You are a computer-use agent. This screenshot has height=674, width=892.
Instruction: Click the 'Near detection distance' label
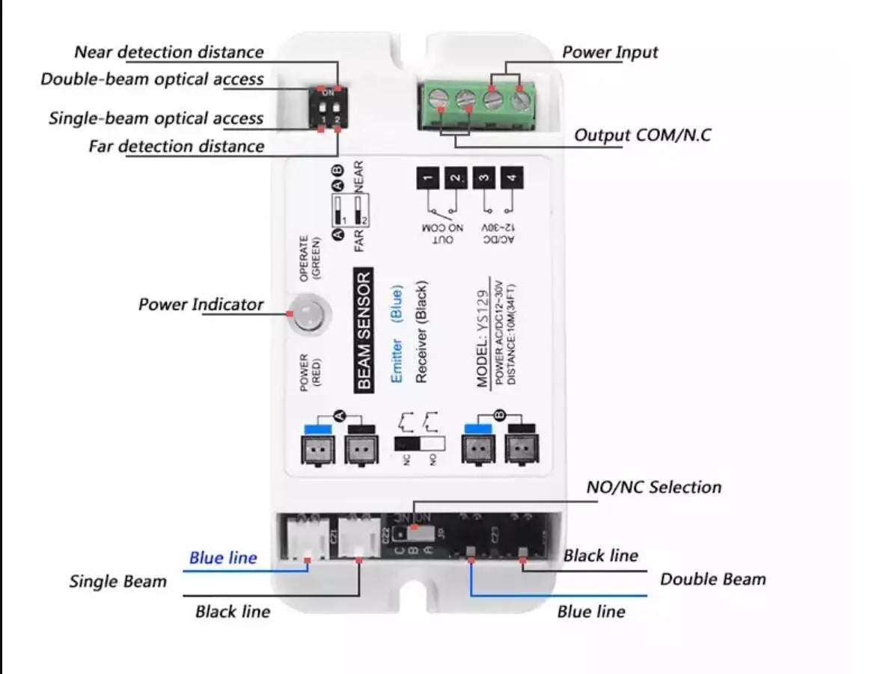tap(169, 52)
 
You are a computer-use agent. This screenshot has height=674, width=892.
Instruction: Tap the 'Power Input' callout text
tap(610, 52)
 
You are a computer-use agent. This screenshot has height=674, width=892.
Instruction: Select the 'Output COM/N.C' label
tap(642, 135)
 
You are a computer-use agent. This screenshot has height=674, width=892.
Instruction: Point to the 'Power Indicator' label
tap(201, 304)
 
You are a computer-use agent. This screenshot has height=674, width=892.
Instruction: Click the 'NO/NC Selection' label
tap(654, 487)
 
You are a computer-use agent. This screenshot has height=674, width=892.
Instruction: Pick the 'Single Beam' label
tap(118, 581)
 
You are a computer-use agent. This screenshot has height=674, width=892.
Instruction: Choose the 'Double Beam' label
tap(712, 579)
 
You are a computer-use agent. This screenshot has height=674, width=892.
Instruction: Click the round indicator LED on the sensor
tap(309, 313)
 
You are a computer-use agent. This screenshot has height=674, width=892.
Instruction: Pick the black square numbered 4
tap(512, 178)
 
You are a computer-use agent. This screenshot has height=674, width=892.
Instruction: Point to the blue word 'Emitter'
tap(397, 360)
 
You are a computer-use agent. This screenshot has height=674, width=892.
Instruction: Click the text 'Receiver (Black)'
tap(421, 333)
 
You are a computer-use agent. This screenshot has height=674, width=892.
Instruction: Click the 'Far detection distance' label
tap(176, 146)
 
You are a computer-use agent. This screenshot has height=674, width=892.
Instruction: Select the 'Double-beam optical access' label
tap(152, 79)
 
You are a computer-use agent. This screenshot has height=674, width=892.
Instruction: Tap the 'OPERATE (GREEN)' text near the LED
tap(309, 258)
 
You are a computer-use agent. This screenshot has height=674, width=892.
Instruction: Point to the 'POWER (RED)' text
tap(310, 369)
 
